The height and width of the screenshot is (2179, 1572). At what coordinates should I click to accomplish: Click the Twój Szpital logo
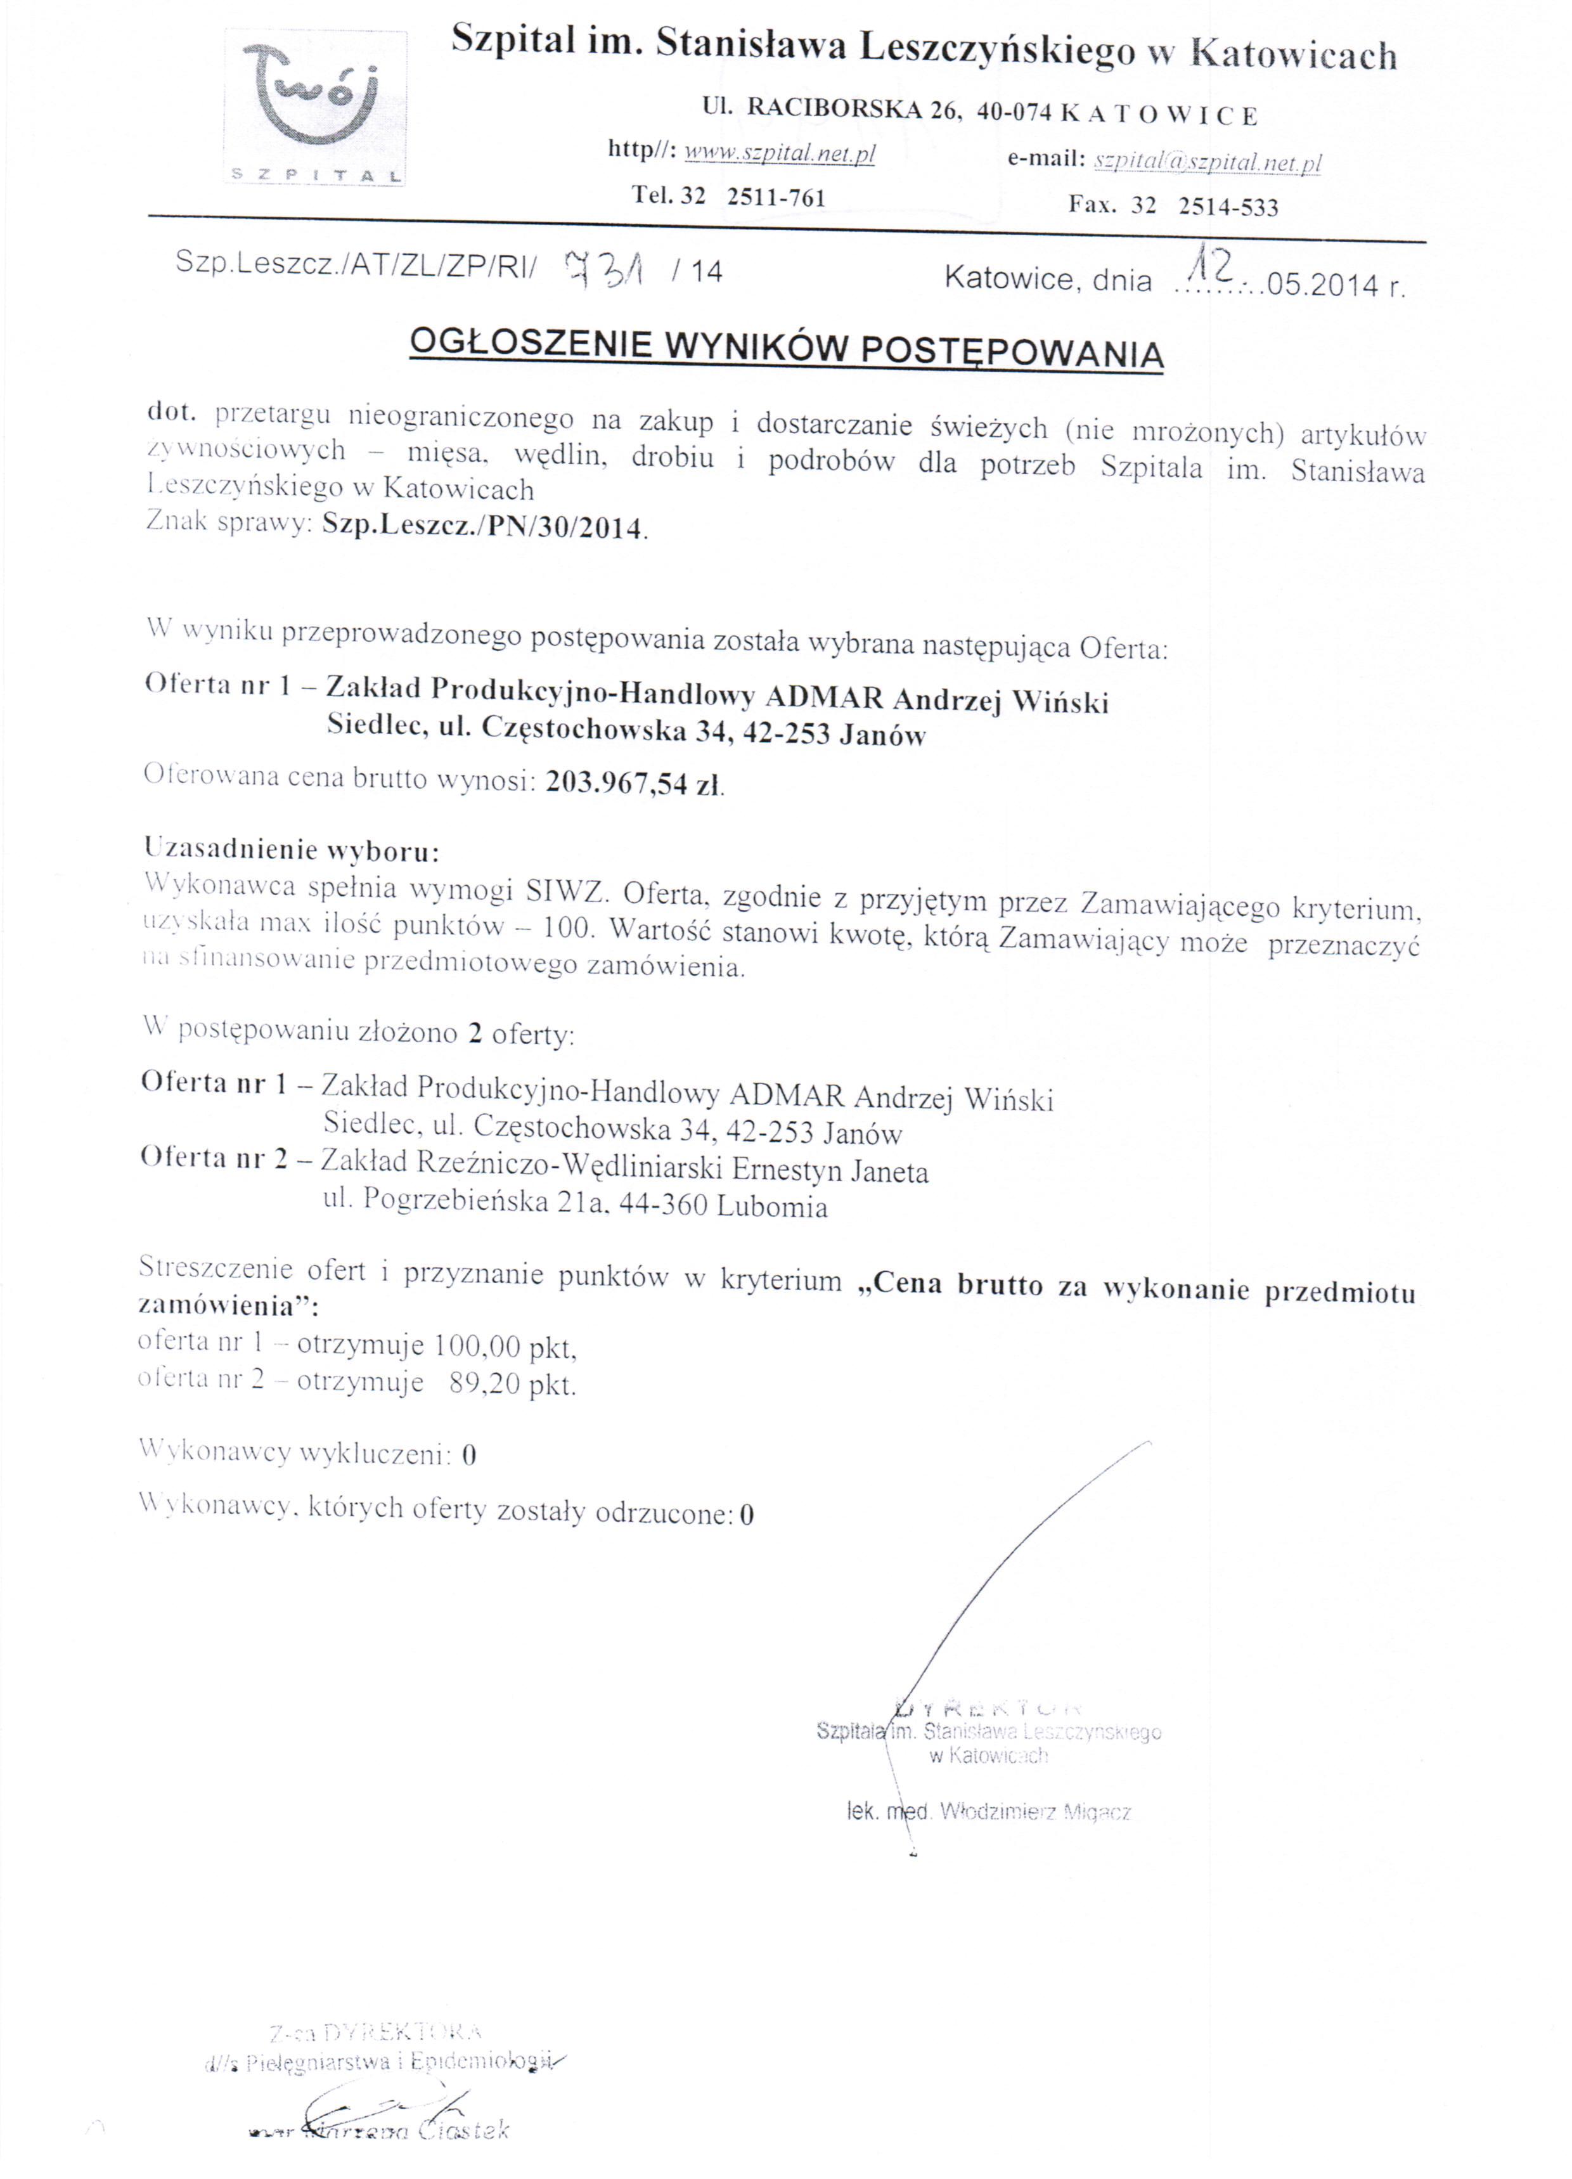[x=315, y=108]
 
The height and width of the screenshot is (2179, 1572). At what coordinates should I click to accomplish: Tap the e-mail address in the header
[x=1208, y=162]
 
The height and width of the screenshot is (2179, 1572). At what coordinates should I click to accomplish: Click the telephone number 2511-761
[x=776, y=197]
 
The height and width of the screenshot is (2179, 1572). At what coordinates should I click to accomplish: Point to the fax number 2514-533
[x=1229, y=207]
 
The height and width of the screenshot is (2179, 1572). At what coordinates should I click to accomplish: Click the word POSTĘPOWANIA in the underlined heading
[x=1011, y=352]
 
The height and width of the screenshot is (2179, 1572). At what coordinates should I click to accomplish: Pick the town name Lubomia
[x=771, y=1206]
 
